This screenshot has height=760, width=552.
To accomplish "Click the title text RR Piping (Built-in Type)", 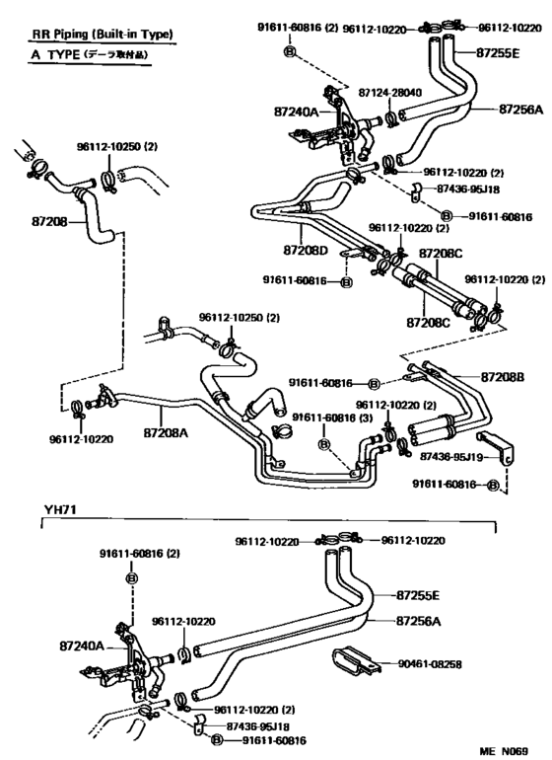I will click(x=100, y=35).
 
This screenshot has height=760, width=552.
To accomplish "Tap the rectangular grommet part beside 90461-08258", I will click(x=355, y=661).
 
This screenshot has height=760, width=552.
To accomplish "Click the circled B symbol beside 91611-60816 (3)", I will click(x=323, y=445).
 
